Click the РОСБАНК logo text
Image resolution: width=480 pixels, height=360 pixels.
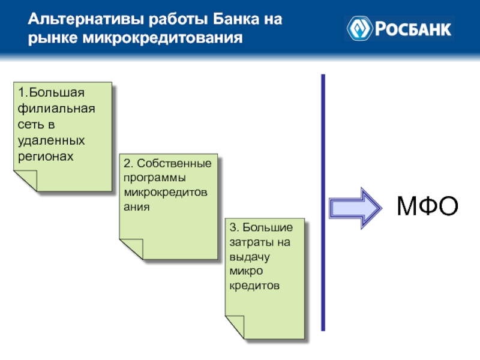[413, 28]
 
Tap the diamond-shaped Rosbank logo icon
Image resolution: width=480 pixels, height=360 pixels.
[359, 28]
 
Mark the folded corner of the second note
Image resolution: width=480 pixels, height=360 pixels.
[131, 248]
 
